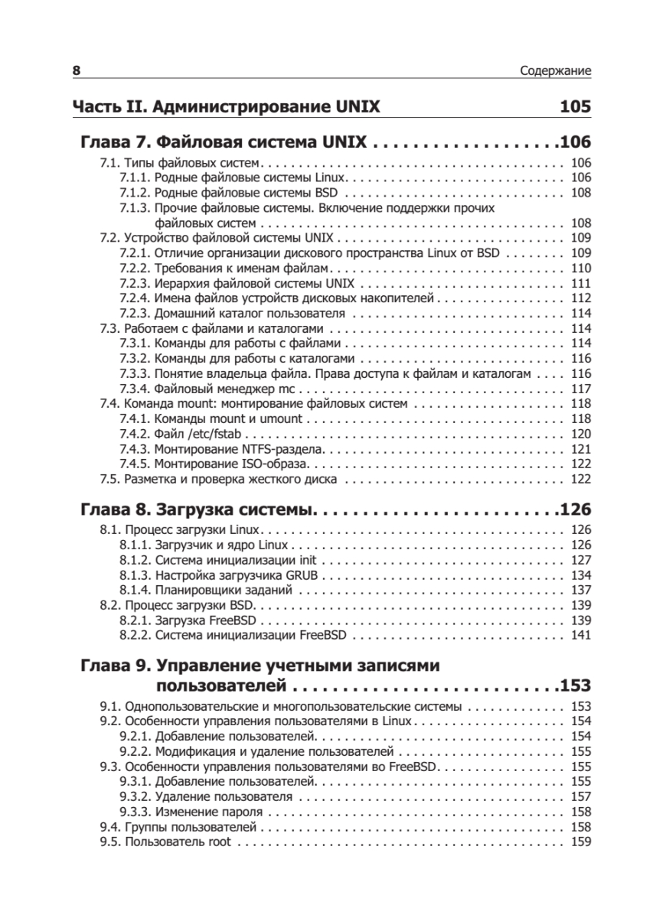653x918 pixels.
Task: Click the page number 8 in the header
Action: pos(77,72)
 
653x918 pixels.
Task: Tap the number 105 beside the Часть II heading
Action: pos(575,106)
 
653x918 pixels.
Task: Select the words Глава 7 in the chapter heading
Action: pos(114,142)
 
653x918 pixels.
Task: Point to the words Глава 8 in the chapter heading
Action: pos(114,509)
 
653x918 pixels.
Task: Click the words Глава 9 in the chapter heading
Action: pos(114,666)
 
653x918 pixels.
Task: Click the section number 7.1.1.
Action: pos(135,177)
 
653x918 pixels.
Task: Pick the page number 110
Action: pos(581,268)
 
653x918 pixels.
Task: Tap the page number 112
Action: pos(581,298)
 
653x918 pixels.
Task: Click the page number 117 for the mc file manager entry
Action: pos(581,389)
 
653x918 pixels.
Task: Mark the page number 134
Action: pos(581,575)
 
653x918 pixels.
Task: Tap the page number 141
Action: pos(581,635)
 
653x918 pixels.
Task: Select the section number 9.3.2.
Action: pos(135,797)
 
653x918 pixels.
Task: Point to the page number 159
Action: pos(581,842)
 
